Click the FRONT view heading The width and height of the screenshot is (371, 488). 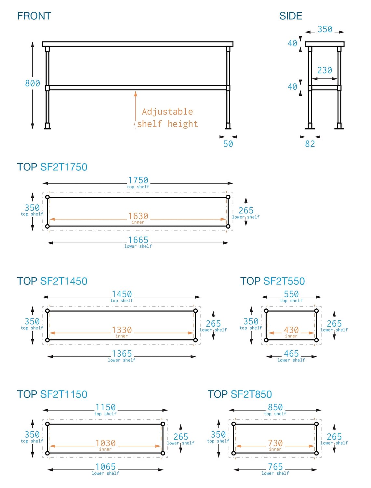[x=34, y=16]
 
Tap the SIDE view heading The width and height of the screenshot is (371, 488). [x=290, y=16]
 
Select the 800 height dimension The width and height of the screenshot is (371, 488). [x=33, y=84]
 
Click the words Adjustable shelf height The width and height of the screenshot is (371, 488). [x=167, y=118]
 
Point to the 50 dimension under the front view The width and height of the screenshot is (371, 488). [x=228, y=144]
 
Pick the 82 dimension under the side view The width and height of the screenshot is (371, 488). [x=310, y=144]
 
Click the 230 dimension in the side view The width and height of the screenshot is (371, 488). [x=325, y=70]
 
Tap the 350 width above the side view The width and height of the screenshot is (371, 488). [x=325, y=29]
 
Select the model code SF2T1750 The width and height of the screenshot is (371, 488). [x=64, y=167]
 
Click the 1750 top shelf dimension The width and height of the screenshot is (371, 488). [x=138, y=180]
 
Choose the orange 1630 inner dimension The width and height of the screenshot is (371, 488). [x=138, y=216]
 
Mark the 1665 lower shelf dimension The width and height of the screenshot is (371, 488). [x=138, y=240]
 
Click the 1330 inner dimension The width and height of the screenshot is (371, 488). [x=122, y=330]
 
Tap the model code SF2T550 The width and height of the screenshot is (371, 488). [x=284, y=281]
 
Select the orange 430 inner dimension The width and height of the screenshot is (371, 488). [x=291, y=330]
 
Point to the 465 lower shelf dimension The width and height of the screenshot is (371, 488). [x=291, y=354]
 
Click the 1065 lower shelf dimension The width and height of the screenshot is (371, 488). [x=106, y=467]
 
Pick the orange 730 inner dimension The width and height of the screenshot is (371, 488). [x=275, y=443]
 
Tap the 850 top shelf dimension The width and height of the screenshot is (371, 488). [x=275, y=407]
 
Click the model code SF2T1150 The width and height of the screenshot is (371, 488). [x=64, y=394]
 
